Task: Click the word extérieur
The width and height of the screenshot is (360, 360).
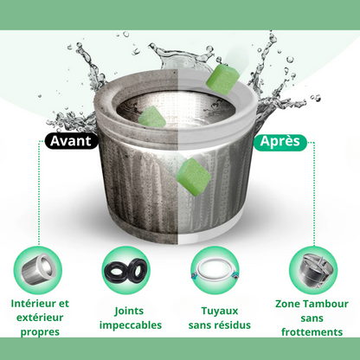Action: [x=40, y=318]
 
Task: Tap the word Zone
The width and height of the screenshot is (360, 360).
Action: [x=288, y=304]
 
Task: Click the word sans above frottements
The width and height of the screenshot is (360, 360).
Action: [x=312, y=318]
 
